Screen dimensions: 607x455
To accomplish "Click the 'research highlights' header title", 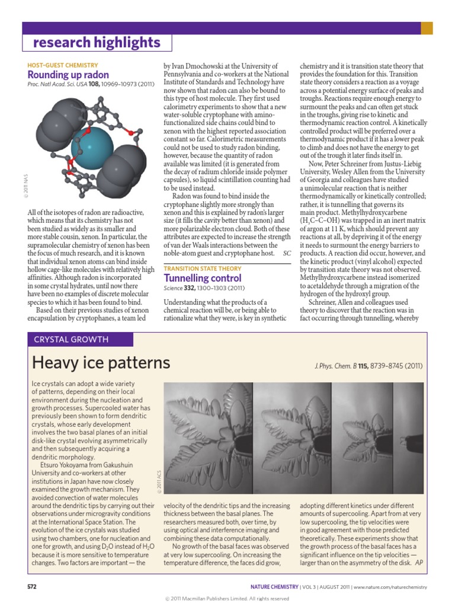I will tap(96, 43).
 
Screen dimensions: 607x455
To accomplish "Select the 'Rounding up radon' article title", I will tap(69, 75).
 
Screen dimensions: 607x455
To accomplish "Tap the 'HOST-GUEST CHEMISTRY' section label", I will tap(63, 65).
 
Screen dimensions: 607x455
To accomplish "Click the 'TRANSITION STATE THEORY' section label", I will tap(203, 268).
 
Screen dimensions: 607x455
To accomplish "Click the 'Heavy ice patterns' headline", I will tap(101, 362).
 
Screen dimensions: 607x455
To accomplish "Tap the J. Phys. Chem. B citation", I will tap(369, 366).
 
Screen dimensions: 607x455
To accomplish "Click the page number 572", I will tap(33, 587).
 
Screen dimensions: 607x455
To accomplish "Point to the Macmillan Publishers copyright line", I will tap(227, 599).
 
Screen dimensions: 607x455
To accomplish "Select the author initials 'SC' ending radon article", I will tap(287, 253).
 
